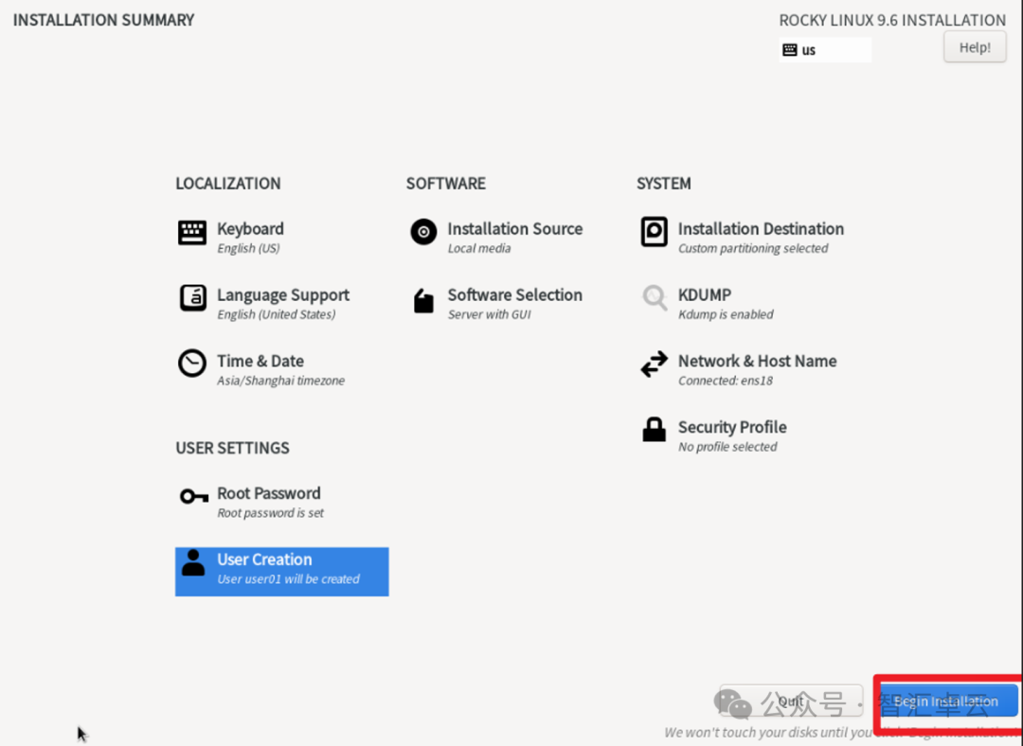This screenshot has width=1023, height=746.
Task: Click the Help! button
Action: pos(975,47)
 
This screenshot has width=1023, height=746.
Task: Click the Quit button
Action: pos(790,702)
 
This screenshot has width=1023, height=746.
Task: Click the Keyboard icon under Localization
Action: pos(192,233)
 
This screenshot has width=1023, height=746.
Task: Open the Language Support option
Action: pos(282,295)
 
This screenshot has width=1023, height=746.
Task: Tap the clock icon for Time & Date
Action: pos(192,364)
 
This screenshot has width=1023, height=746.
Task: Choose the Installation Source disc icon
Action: pos(423,232)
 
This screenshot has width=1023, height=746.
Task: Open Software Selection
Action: pos(514,295)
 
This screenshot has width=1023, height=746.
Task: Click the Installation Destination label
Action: pos(761,229)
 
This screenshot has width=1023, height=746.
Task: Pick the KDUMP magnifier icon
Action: pos(655,298)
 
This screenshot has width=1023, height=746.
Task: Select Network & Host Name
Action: pos(757,362)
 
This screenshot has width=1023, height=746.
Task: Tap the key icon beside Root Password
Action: pos(193,496)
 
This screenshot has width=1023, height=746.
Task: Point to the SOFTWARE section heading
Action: pos(445,184)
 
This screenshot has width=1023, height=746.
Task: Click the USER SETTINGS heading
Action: pos(232,448)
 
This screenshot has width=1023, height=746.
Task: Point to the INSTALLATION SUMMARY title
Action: pos(103,20)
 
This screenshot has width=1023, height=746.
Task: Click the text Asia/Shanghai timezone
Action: pos(280,381)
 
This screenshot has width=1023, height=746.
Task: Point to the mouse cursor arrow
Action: pos(82,734)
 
